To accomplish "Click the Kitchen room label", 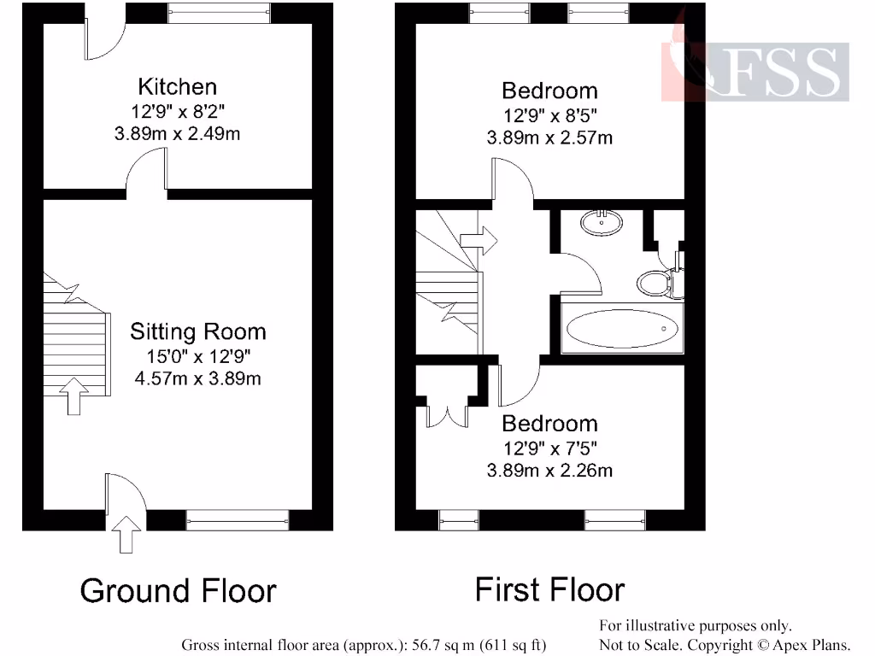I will [x=178, y=86].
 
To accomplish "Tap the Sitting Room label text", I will [x=197, y=331].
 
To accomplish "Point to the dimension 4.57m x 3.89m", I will [x=197, y=378].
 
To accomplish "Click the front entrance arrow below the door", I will [x=126, y=536].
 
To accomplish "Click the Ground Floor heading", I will [x=179, y=591].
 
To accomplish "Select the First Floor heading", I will [x=549, y=589].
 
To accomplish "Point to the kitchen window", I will [x=220, y=12].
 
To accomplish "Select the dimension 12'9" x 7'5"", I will [x=549, y=447].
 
